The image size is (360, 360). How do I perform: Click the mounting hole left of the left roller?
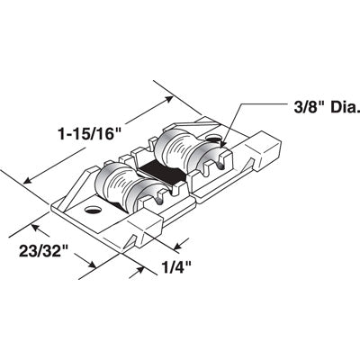(92, 212)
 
